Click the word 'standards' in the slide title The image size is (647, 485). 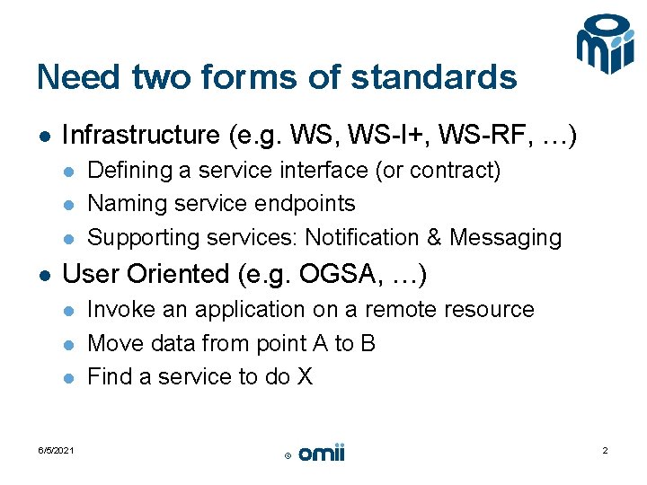click(434, 78)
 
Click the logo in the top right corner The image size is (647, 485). click(605, 45)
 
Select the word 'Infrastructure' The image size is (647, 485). click(140, 136)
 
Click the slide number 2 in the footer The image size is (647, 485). click(605, 451)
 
